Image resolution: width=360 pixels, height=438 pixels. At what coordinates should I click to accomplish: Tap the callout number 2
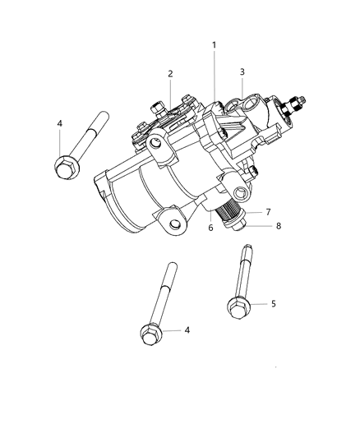pos(170,74)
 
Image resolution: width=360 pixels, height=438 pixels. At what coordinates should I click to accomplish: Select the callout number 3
pos(242,72)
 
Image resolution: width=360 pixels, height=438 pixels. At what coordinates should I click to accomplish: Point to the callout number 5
pos(274,303)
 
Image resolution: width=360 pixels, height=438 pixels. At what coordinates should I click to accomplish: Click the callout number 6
pos(211,228)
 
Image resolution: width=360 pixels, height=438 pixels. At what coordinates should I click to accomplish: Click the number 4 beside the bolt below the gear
pos(187,330)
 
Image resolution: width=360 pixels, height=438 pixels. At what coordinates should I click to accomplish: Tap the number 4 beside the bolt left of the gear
pos(58,124)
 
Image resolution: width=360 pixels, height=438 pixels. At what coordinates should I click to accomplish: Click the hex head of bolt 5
pos(238,307)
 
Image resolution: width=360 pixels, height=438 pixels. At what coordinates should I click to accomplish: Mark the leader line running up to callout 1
pos(215,78)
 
